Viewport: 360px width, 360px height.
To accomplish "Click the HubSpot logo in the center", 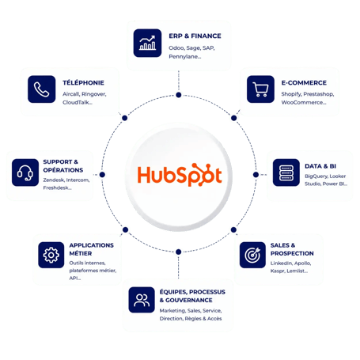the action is [180, 175].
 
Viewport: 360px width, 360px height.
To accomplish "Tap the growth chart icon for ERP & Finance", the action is [147, 43].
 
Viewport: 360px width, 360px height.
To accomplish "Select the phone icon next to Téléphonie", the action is [42, 89].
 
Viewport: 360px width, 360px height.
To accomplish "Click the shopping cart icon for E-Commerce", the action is [260, 89].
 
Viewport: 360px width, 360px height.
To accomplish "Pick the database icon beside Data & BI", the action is [286, 172].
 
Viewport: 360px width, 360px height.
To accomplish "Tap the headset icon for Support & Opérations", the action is [25, 172].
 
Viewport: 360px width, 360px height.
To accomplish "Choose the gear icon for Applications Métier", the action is [51, 255].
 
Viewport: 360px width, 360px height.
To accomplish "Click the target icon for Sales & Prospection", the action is [252, 255].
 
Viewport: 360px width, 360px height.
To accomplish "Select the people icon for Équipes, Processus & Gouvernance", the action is [142, 300].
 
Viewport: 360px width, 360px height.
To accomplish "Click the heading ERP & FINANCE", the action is [195, 36].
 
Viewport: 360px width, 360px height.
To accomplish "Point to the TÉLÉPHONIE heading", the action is [83, 82].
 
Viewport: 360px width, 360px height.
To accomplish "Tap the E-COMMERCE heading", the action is [304, 83].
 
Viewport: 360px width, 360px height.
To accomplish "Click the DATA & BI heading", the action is [320, 166].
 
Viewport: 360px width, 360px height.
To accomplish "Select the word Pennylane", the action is [184, 56].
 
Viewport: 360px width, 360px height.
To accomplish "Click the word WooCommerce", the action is [302, 102].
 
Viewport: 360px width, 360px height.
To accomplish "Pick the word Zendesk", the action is [53, 180].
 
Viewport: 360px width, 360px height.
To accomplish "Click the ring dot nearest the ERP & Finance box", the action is [179, 95].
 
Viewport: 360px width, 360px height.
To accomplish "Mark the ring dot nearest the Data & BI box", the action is [256, 175].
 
